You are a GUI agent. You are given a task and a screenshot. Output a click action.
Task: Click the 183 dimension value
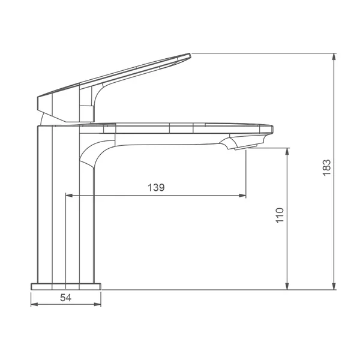click(x=326, y=167)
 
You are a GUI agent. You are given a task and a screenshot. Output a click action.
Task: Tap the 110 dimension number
click(x=280, y=215)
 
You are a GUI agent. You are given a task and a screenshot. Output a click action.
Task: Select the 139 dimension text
click(x=156, y=187)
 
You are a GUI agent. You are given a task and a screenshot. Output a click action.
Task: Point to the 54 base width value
click(x=65, y=298)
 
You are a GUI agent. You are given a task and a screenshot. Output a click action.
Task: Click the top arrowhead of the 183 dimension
click(x=334, y=56)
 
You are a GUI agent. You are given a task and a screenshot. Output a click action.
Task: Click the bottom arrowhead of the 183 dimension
click(x=334, y=286)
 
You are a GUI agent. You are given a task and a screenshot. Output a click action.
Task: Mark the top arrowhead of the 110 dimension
click(x=287, y=152)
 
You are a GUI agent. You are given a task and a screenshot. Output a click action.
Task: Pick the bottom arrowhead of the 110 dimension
click(x=287, y=286)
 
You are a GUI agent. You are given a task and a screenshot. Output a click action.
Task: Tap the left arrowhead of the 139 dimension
click(x=69, y=196)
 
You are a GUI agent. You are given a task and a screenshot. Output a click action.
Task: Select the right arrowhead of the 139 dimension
click(x=242, y=196)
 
